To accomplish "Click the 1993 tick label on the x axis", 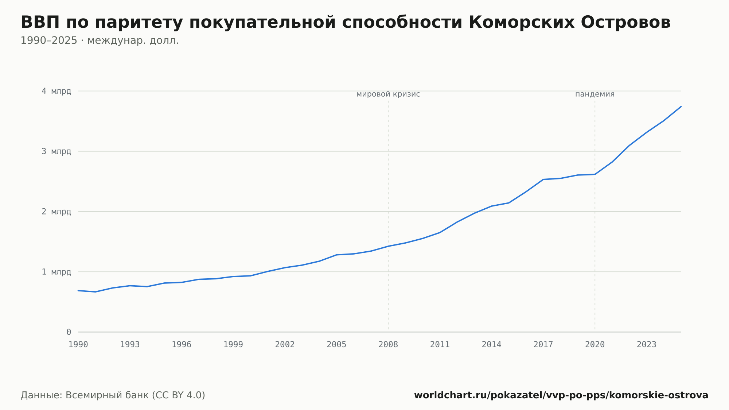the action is pos(130,345).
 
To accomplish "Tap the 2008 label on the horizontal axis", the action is pos(388,345).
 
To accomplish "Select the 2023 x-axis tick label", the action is pos(647,345).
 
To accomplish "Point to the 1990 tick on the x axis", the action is pos(78,345).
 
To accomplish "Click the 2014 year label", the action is pos(492,345).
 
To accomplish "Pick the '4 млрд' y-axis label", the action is pos(56,91).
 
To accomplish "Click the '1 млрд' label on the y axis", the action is pos(56,272).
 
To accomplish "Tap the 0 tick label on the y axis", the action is pos(69,332).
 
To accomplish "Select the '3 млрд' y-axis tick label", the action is pos(56,151).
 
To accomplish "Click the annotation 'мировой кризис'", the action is pos(388,94).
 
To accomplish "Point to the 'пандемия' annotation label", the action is pos(595,94).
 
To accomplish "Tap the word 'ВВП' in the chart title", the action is pos(40,22).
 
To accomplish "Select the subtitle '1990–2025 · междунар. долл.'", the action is pos(100,40).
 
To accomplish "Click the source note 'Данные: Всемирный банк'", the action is pos(85,395).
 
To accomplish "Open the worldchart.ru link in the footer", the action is pos(561,395).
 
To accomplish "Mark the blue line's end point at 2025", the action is pos(681,107).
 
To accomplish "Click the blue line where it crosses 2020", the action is pos(595,174).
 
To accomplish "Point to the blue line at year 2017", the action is pos(543,179).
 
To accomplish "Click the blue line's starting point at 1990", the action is pos(78,290).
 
